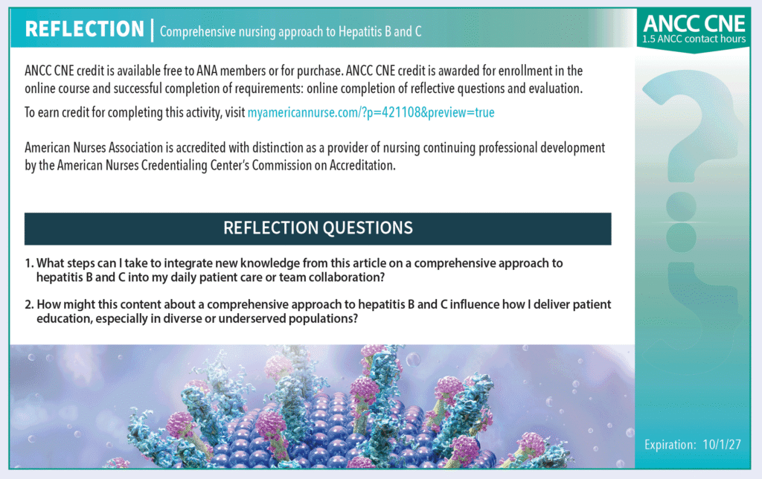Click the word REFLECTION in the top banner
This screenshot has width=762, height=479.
[x=85, y=29]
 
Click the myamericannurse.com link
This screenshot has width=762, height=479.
[x=371, y=113]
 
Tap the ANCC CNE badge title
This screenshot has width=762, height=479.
[x=694, y=24]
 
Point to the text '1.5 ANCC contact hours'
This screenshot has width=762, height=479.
[x=694, y=39]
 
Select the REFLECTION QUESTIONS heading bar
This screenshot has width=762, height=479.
[x=318, y=228]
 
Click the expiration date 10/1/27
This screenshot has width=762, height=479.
[x=722, y=445]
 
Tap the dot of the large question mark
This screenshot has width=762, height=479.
[x=682, y=207]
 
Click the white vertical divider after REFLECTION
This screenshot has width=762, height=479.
[x=152, y=30]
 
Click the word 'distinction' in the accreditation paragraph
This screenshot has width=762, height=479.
[x=277, y=148]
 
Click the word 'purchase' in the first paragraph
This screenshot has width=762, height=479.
[x=318, y=71]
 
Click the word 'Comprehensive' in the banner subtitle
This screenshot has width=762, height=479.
[x=191, y=32]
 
